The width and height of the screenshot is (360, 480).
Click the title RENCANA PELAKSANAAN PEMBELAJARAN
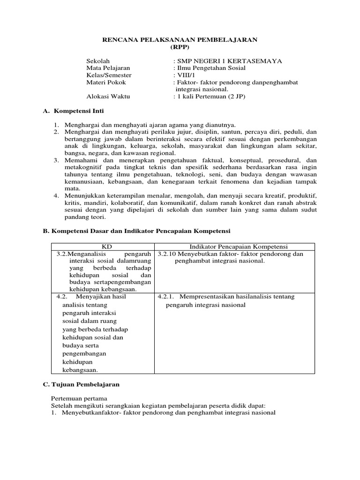[180, 41]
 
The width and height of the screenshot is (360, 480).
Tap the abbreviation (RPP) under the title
[180, 48]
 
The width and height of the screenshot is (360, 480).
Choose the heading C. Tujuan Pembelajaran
[81, 384]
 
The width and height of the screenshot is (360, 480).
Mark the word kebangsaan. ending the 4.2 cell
[80, 370]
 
